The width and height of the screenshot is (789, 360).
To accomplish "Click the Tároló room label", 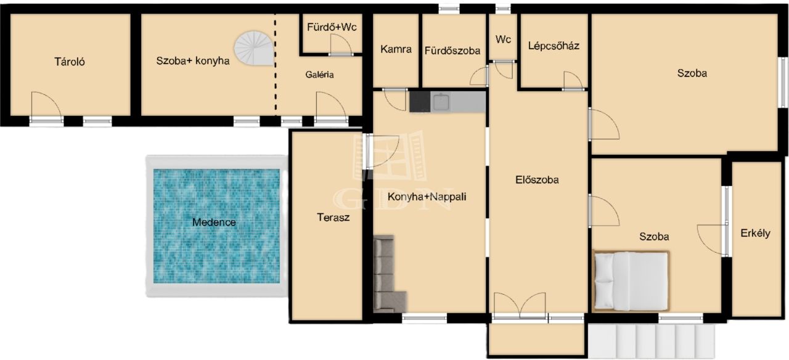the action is [70, 62].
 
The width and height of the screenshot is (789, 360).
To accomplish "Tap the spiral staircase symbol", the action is [254, 48].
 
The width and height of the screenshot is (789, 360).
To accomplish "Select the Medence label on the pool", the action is [214, 223].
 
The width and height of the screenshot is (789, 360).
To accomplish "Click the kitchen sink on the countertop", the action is [441, 102].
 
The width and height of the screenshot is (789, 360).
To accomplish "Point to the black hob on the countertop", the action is [420, 102].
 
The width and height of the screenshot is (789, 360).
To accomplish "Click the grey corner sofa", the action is [388, 274].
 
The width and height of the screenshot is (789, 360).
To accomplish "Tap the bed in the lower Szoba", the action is [631, 281].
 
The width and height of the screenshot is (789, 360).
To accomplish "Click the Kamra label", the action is [396, 49].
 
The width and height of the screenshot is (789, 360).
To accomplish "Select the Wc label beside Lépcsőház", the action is [503, 39].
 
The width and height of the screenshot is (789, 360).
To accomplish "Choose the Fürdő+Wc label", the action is [332, 27].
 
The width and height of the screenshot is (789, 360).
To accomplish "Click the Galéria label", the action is [319, 75].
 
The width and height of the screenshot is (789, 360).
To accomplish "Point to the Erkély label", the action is [755, 233].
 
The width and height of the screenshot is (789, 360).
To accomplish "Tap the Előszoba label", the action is [537, 180].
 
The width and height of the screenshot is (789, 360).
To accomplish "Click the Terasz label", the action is [333, 218].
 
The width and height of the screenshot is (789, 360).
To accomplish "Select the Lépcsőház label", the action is [554, 46].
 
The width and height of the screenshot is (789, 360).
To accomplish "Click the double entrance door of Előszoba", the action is [520, 306].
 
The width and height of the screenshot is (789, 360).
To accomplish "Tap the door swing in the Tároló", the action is [46, 105].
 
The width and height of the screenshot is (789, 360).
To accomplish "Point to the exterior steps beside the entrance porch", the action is [651, 342].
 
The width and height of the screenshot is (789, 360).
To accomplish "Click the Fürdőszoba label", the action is [452, 51].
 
